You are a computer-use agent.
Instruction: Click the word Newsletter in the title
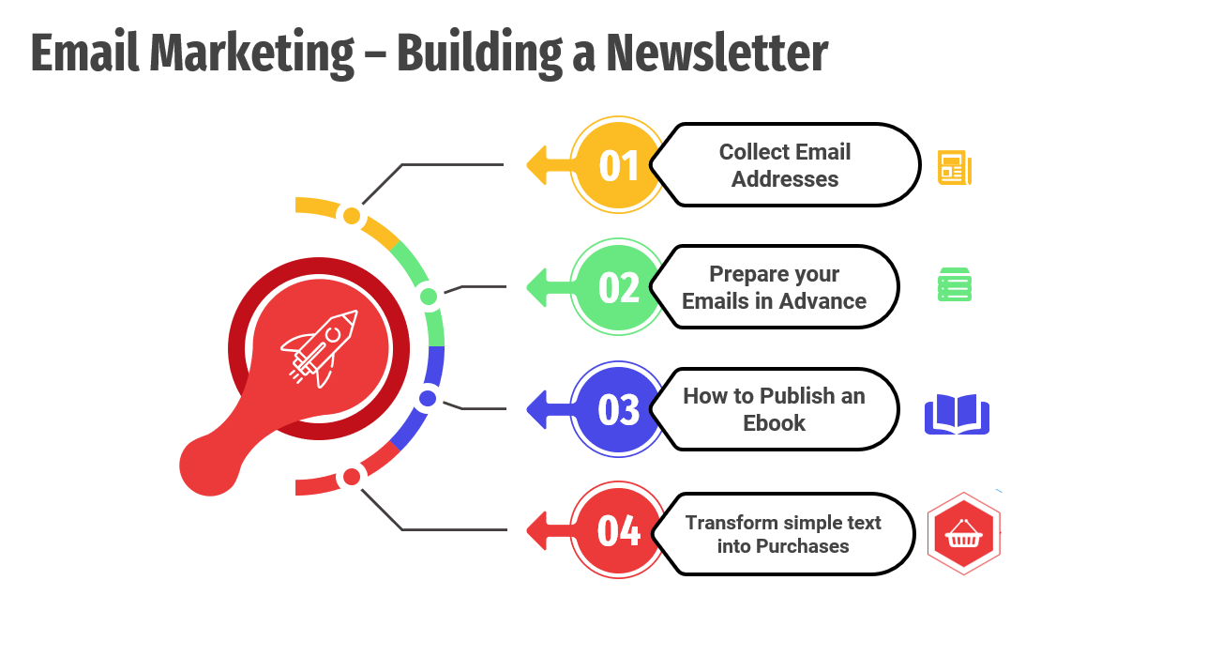(x=717, y=53)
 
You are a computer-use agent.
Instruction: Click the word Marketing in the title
(x=251, y=54)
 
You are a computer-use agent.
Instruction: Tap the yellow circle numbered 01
(x=618, y=165)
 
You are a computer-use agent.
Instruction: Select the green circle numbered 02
(x=618, y=286)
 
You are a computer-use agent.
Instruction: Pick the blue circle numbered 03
(x=618, y=409)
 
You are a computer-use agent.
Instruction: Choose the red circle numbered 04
(x=618, y=529)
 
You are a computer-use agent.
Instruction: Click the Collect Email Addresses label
(x=784, y=165)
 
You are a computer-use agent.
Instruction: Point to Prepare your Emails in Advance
(x=774, y=287)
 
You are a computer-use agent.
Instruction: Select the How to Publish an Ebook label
(x=774, y=409)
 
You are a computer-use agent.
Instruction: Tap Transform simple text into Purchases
(x=783, y=534)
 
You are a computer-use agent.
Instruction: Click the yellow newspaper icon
(x=955, y=168)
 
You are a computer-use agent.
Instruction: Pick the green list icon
(x=955, y=284)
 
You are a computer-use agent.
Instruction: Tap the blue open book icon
(x=957, y=414)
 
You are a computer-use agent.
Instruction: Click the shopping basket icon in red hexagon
(x=963, y=533)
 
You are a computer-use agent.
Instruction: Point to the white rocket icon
(x=319, y=348)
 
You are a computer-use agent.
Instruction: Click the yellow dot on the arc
(x=352, y=216)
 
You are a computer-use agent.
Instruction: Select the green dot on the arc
(x=429, y=297)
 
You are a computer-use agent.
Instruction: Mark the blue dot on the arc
(x=428, y=399)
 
